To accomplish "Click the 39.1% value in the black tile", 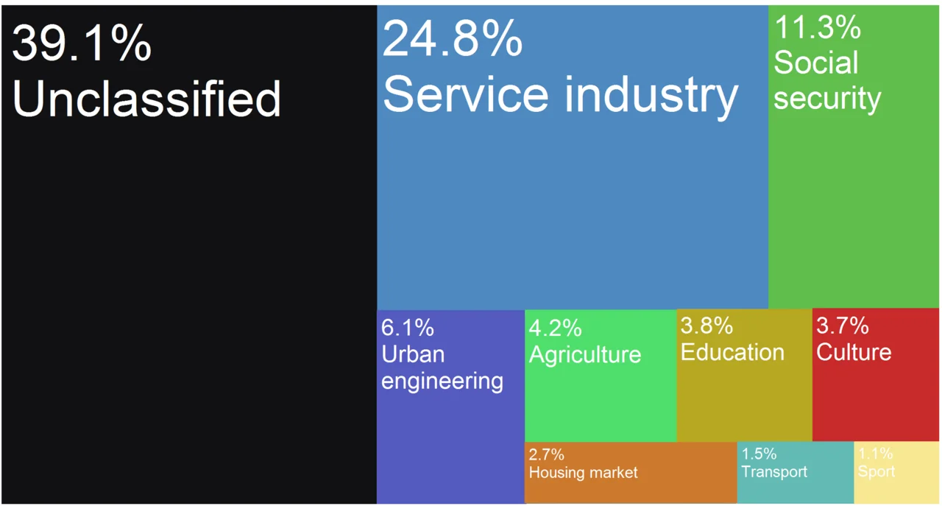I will [x=82, y=43].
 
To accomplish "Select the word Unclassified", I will [x=146, y=99].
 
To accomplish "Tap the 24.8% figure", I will [x=452, y=39].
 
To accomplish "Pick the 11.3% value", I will [x=818, y=28].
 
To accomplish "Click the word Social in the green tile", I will [x=815, y=63].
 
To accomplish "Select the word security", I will [x=826, y=99].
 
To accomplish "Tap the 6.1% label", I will [x=408, y=327].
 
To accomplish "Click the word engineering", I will [x=442, y=382].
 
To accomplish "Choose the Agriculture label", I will [x=585, y=354].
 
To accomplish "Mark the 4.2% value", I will [x=556, y=327].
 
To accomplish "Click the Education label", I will [x=732, y=352].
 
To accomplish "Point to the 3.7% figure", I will [x=843, y=325].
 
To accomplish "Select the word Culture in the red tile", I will [x=854, y=352].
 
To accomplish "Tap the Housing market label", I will [x=583, y=472].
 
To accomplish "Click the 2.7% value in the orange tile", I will [x=546, y=454].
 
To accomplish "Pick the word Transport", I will [x=773, y=471].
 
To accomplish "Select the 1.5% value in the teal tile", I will [x=758, y=454].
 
